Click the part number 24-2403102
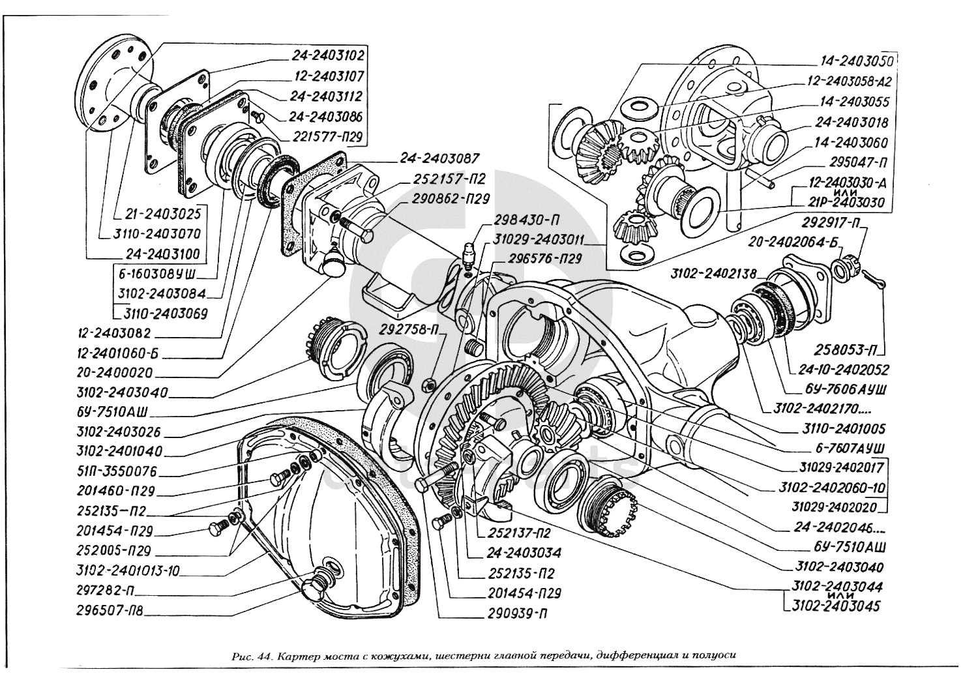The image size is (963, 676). click(x=320, y=55)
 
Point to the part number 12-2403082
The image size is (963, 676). click(x=113, y=332)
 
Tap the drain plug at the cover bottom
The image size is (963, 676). click(x=322, y=582)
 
